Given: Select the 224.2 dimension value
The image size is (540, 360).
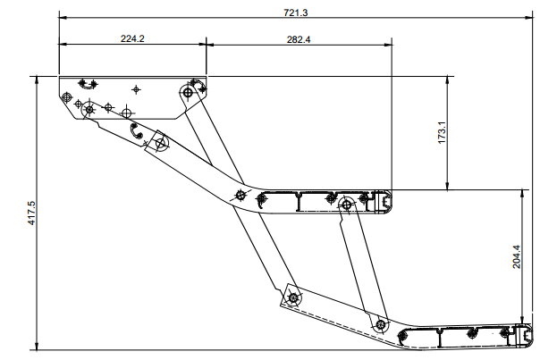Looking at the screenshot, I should (x=132, y=38).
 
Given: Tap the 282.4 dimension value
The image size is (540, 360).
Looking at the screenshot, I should (x=299, y=38).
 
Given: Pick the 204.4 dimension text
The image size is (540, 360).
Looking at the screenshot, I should (x=516, y=257).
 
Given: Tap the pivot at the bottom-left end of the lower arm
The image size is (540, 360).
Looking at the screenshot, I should (x=291, y=297).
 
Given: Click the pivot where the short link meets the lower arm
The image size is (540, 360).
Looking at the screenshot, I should (x=381, y=323).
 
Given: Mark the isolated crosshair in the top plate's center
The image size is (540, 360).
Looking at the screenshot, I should (x=136, y=89).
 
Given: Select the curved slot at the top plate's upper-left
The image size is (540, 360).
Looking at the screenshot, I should (x=87, y=83).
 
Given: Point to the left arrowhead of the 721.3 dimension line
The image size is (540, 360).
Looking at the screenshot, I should (x=62, y=16).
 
